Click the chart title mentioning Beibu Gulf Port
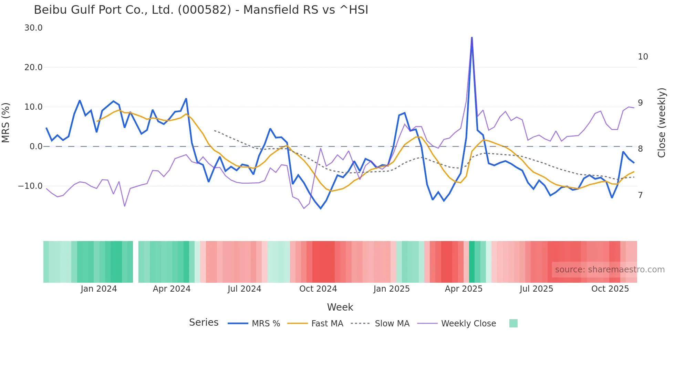point(201,10)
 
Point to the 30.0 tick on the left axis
point(33,28)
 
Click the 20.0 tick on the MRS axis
point(33,67)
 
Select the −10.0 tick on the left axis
point(30,186)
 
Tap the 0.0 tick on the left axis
point(36,147)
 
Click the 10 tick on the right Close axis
point(643,57)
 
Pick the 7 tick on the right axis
point(640,195)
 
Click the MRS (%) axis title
point(6,122)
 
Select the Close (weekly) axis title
point(662,122)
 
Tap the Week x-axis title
point(340,307)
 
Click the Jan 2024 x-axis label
point(99,289)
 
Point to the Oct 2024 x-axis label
point(318,289)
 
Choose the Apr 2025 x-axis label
point(464,289)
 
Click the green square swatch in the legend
point(513,323)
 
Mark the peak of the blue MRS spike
point(472,37)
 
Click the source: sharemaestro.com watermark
point(610,270)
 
